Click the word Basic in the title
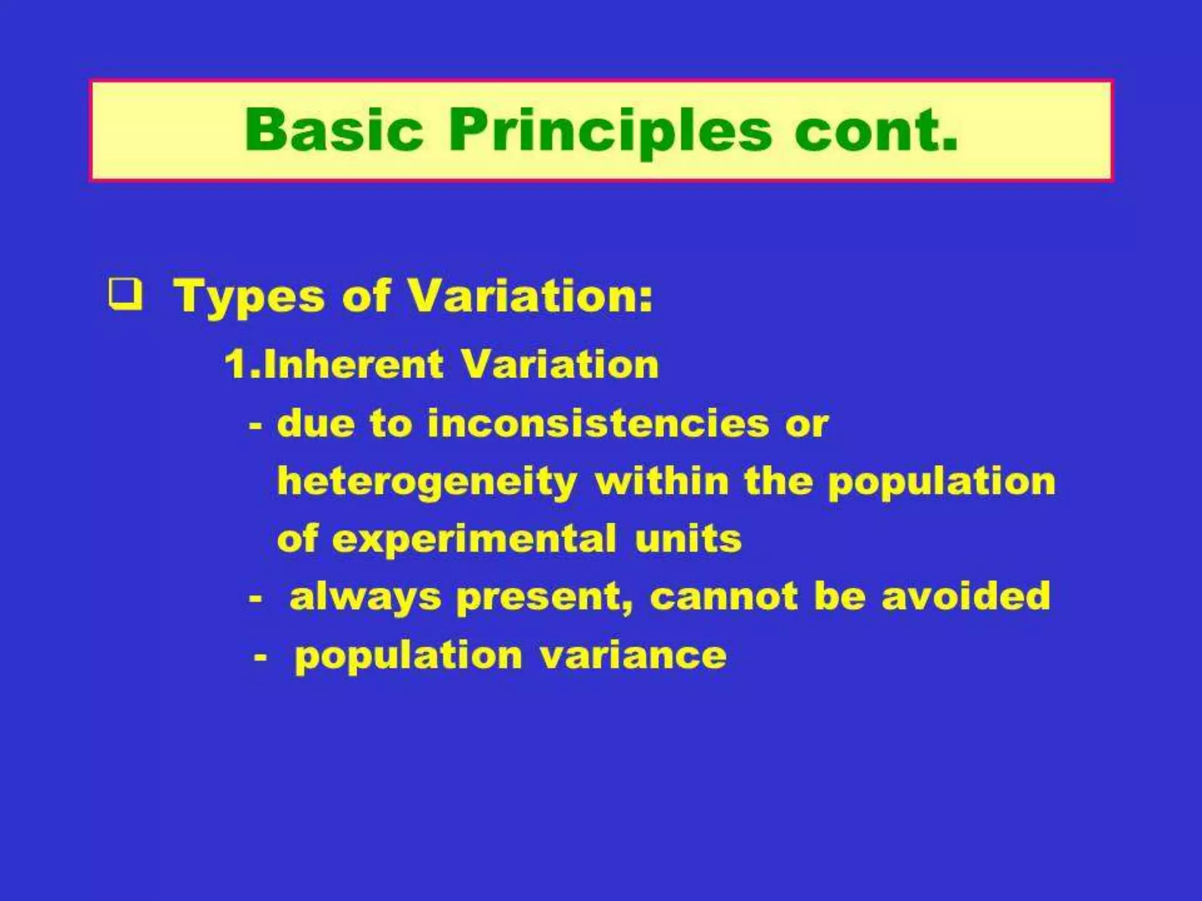333,130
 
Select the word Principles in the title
610,131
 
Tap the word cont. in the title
876,130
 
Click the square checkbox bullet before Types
126,295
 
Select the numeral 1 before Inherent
235,364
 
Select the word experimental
474,539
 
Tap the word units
688,539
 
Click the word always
365,598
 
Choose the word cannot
724,597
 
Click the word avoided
966,597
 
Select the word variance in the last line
633,655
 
